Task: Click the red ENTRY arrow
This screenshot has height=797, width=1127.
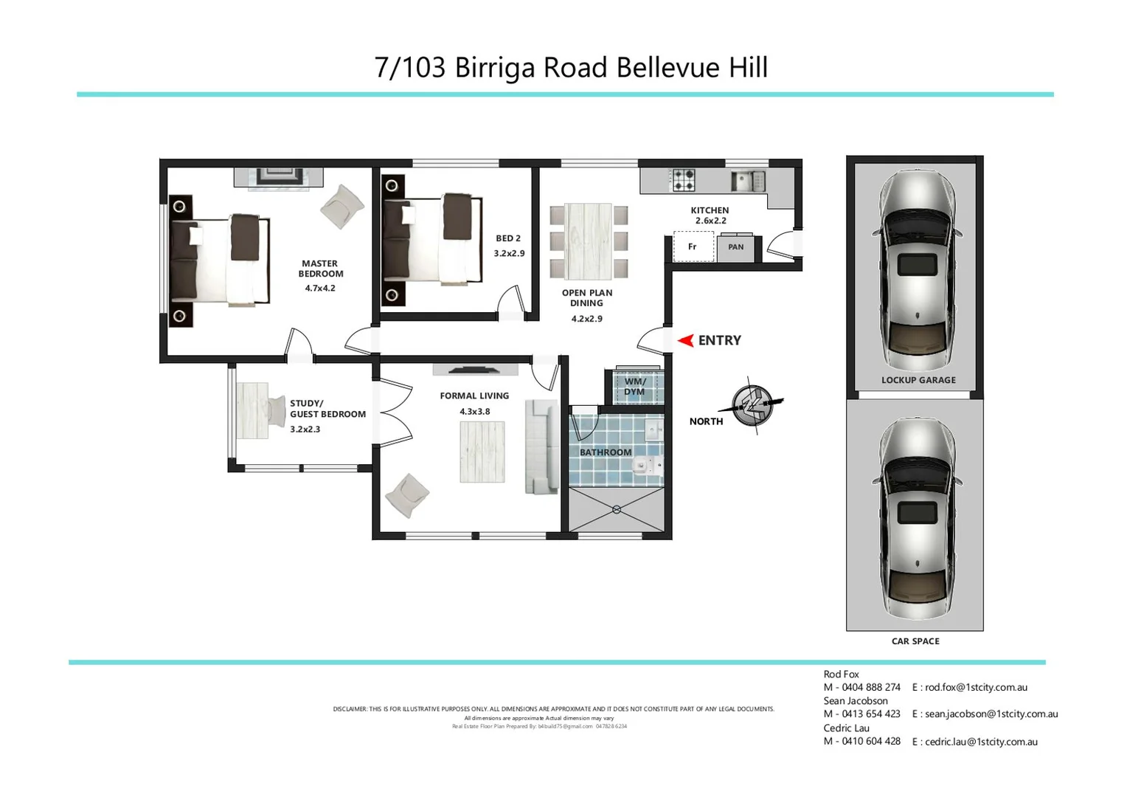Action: click(x=685, y=340)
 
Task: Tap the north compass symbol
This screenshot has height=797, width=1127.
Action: click(x=753, y=404)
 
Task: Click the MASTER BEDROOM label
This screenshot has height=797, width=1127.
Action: click(x=320, y=269)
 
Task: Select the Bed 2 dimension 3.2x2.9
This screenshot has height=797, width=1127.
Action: click(x=509, y=253)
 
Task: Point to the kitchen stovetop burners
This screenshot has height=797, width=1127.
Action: click(x=682, y=180)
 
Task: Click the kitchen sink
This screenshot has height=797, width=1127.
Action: click(x=747, y=181)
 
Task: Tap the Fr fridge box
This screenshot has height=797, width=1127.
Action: click(x=693, y=246)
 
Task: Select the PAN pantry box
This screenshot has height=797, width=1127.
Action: click(x=735, y=247)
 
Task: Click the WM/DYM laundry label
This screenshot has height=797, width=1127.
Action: click(x=634, y=387)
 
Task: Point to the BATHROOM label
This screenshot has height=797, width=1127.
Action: click(x=606, y=452)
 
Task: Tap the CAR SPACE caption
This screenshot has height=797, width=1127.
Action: click(x=915, y=641)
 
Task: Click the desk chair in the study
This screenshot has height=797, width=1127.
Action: click(x=277, y=411)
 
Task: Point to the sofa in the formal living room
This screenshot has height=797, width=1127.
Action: click(x=542, y=446)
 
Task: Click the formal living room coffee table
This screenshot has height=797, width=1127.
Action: click(x=482, y=452)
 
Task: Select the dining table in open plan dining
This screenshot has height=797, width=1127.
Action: click(x=589, y=241)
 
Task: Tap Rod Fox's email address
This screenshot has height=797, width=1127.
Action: click(x=976, y=687)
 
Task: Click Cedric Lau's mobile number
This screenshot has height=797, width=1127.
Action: click(x=862, y=742)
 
